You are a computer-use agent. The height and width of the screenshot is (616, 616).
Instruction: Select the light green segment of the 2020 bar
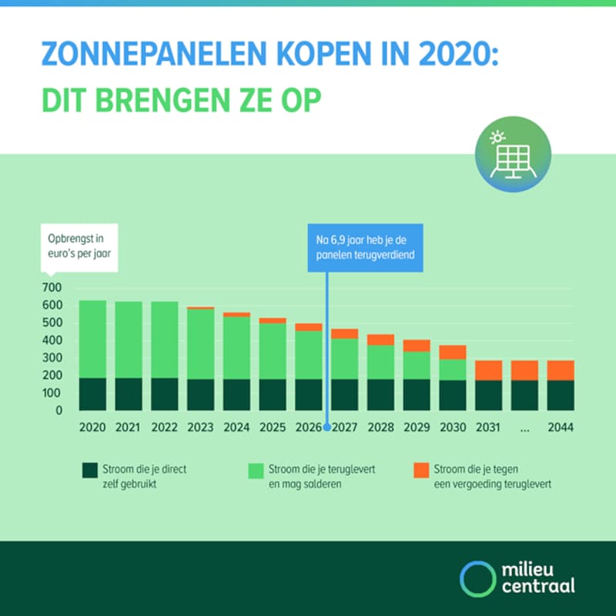tap(93, 339)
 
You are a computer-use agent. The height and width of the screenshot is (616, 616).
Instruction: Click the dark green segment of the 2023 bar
tap(201, 394)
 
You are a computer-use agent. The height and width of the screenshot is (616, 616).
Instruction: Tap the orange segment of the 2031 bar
tap(488, 370)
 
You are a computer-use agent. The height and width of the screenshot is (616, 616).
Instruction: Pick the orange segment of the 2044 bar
tap(560, 370)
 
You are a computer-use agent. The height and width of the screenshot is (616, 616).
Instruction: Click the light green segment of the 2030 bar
tap(453, 370)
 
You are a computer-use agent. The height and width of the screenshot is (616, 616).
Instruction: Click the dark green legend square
tap(89, 470)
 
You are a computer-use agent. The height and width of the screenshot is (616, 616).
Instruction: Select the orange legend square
tap(420, 470)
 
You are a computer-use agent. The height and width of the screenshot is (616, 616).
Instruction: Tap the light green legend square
tap(254, 470)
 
